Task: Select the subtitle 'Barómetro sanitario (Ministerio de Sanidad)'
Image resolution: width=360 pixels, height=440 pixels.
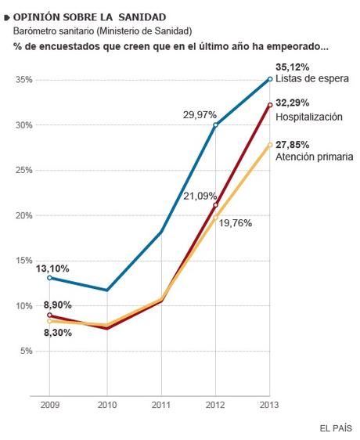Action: (x=103, y=31)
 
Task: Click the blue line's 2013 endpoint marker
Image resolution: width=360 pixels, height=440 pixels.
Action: (x=270, y=78)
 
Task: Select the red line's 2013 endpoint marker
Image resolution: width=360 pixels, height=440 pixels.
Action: (x=270, y=104)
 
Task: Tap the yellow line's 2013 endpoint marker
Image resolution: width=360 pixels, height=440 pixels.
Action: (x=270, y=144)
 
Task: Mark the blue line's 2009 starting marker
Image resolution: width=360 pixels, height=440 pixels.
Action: (x=50, y=277)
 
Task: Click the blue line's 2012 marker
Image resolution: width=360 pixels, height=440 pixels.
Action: (x=215, y=125)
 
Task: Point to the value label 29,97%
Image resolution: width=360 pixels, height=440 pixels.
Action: (x=200, y=114)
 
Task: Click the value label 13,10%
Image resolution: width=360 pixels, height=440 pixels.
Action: (x=52, y=269)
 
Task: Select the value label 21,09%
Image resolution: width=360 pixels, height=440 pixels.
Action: (x=199, y=196)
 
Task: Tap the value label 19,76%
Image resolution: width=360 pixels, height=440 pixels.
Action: (x=235, y=222)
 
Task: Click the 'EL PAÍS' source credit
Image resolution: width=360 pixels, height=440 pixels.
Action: (x=336, y=427)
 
